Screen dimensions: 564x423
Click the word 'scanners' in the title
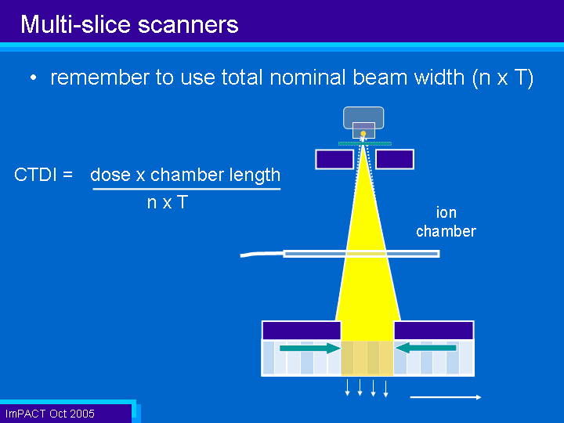tap(188, 25)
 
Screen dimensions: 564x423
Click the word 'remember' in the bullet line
tap(99, 78)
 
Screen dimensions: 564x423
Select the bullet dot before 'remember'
tap(34, 78)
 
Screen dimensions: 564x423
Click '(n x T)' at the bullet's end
tap(502, 78)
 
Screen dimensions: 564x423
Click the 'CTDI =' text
tap(44, 175)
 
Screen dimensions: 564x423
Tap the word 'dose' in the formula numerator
tap(110, 175)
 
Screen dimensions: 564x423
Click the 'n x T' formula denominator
tap(168, 202)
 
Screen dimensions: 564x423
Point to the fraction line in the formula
tap(186, 189)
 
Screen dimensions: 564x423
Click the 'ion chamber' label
tap(446, 222)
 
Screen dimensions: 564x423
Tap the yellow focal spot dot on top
tap(363, 134)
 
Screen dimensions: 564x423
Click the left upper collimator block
tap(334, 159)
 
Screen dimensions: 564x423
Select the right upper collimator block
tap(395, 159)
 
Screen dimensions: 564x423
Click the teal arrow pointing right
tap(310, 348)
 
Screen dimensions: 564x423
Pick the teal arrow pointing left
tap(426, 348)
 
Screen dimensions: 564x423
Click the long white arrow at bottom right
tap(446, 397)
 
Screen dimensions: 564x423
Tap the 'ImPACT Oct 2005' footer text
tap(50, 414)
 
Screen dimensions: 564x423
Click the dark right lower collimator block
tap(434, 331)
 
